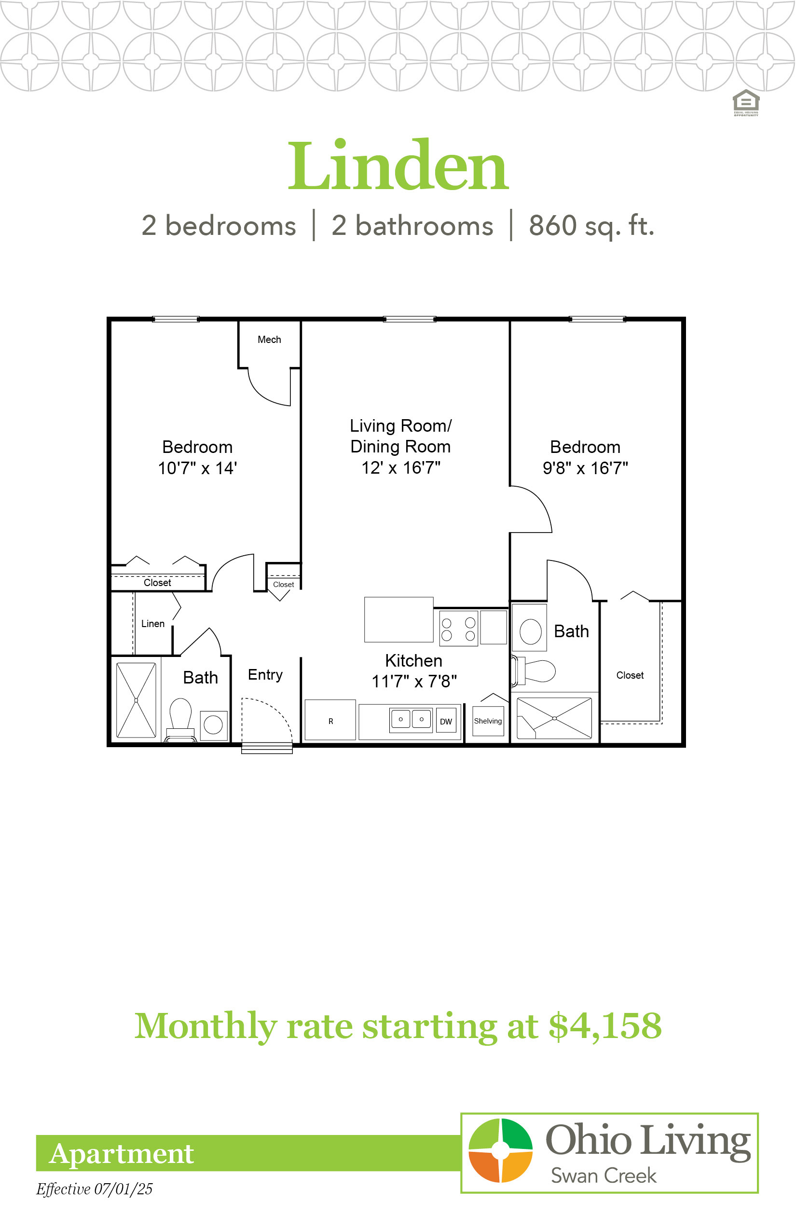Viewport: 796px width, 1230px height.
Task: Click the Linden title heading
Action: pyautogui.click(x=398, y=166)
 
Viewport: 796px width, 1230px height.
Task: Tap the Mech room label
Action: pyautogui.click(x=269, y=340)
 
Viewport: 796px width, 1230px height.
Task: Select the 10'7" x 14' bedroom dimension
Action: pyautogui.click(x=197, y=468)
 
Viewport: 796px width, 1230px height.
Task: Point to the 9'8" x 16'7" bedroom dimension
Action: pyautogui.click(x=585, y=468)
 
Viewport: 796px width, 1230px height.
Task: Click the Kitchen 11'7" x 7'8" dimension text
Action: pyautogui.click(x=414, y=681)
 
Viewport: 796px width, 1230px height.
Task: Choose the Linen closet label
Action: pyautogui.click(x=153, y=624)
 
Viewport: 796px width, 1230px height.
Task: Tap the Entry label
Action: pyautogui.click(x=265, y=674)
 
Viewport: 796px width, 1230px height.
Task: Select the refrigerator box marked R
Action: pyautogui.click(x=330, y=720)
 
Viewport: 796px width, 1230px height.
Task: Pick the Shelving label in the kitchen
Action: pyautogui.click(x=488, y=721)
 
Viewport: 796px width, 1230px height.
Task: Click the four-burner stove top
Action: pyautogui.click(x=458, y=629)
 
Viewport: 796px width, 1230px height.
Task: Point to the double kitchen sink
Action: pyautogui.click(x=411, y=719)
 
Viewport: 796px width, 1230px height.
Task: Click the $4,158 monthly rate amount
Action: pyautogui.click(x=605, y=1026)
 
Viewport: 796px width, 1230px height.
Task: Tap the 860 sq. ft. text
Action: pyautogui.click(x=592, y=226)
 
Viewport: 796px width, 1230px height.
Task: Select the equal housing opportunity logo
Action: pyautogui.click(x=746, y=102)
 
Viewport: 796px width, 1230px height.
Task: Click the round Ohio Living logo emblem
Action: pyautogui.click(x=500, y=1150)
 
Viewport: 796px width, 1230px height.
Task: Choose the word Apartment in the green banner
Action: pyautogui.click(x=122, y=1154)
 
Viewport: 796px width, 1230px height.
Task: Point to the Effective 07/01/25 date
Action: pyautogui.click(x=94, y=1189)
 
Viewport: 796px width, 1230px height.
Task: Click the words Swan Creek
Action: pyautogui.click(x=603, y=1176)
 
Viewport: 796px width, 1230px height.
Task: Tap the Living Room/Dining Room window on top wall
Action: pyautogui.click(x=410, y=319)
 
